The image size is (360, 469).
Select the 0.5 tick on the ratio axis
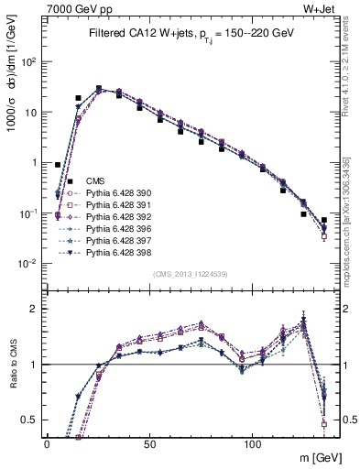coord(29,420)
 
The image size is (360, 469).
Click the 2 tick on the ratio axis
coord(34,308)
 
